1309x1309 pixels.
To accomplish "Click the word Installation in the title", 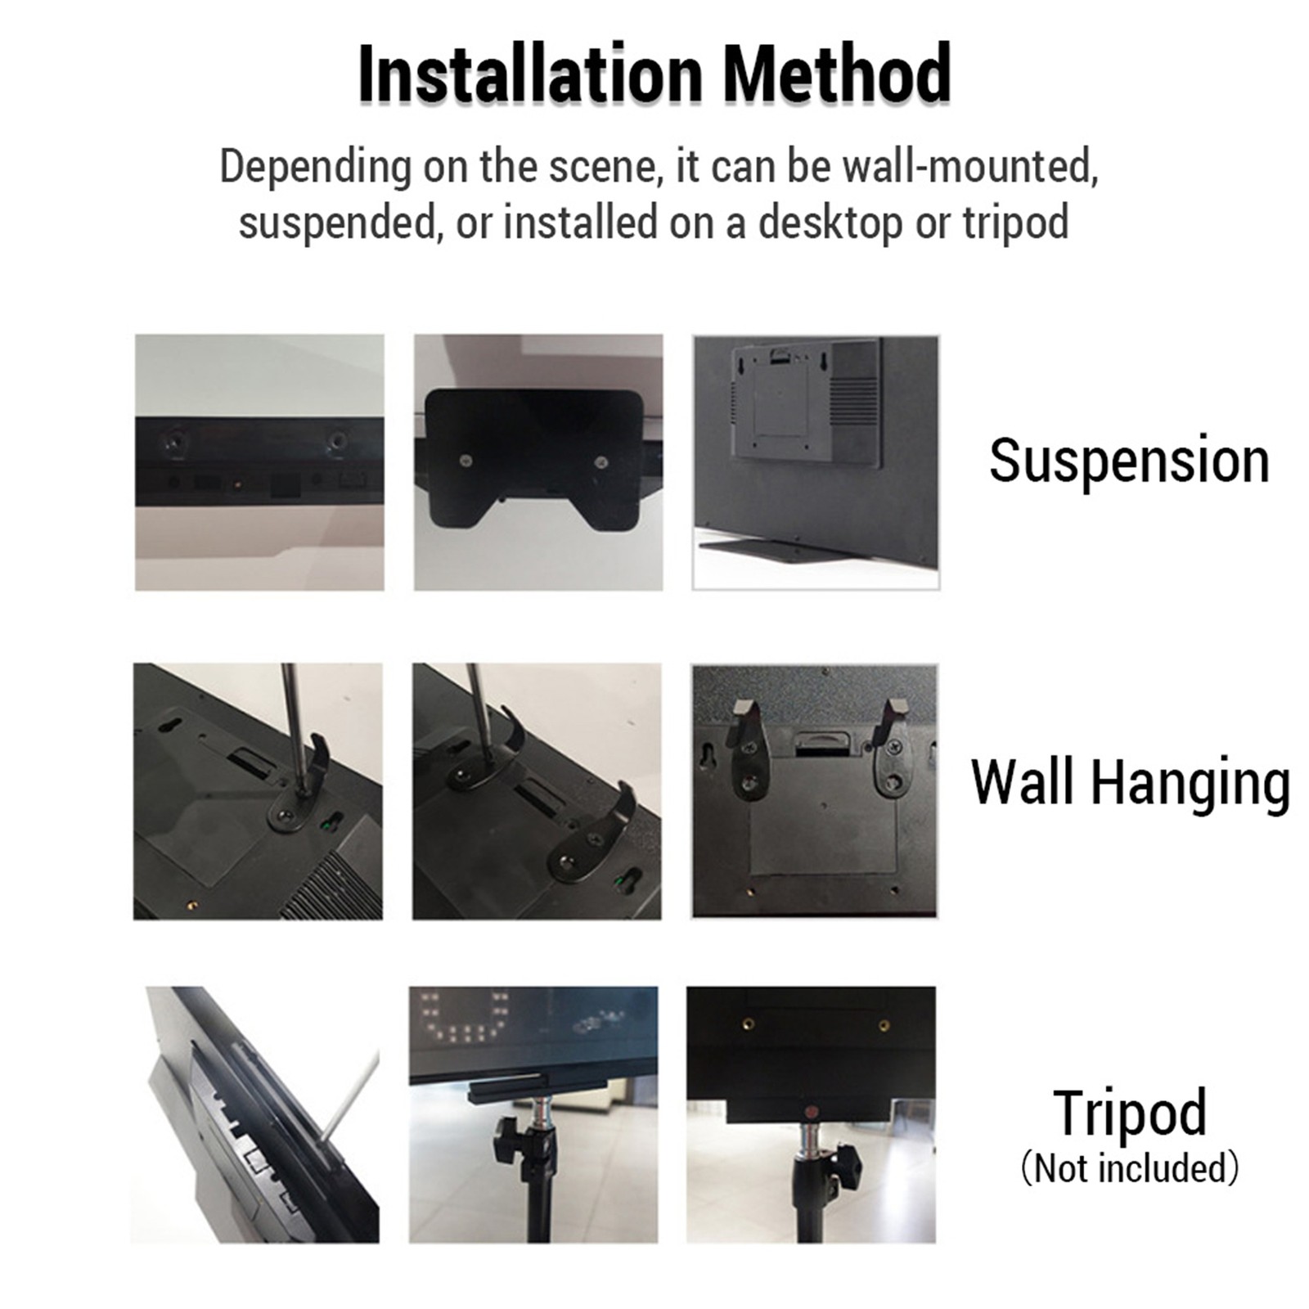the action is pyautogui.click(x=531, y=74).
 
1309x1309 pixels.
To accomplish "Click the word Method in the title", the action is pyautogui.click(x=836, y=74).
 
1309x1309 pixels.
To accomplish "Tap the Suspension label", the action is pyautogui.click(x=1129, y=461).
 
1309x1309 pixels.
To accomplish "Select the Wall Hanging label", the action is pyautogui.click(x=1130, y=783).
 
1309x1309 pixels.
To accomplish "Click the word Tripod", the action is pyautogui.click(x=1130, y=1112).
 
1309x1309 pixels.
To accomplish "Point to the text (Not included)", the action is pyautogui.click(x=1130, y=1167).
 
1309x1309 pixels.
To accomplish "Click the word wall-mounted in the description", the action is pyautogui.click(x=969, y=166).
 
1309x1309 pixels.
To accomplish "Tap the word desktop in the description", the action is pyautogui.click(x=830, y=223).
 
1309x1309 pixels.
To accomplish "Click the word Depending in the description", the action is pyautogui.click(x=316, y=168).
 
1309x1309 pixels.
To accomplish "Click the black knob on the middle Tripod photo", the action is pyautogui.click(x=502, y=1139).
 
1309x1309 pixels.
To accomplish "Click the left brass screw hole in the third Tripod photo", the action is pyautogui.click(x=747, y=1023).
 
